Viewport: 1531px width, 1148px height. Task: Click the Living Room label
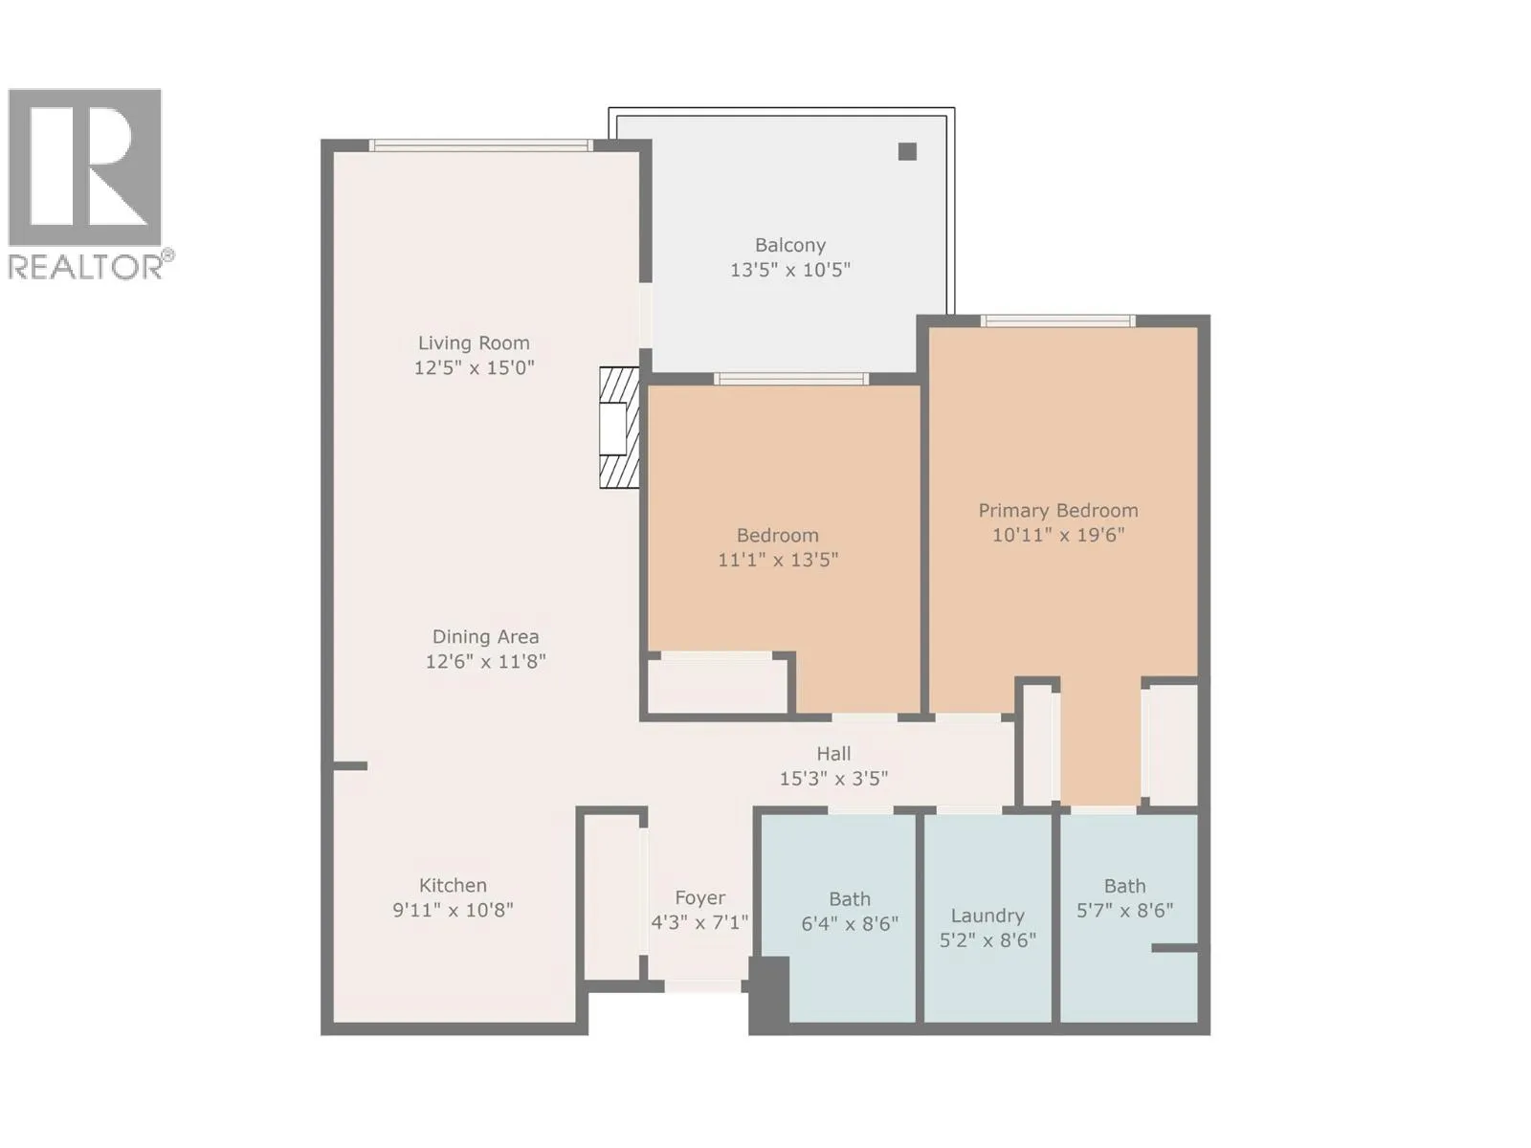tap(474, 342)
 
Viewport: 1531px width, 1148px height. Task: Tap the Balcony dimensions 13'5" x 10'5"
tap(790, 270)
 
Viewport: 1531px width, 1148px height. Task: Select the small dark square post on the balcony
tap(907, 151)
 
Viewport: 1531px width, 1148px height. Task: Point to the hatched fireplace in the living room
tap(619, 428)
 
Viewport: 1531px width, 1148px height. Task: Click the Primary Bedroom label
tap(1058, 511)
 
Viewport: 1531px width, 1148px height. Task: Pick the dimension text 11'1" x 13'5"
tap(778, 560)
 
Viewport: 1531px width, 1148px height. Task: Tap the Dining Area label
tap(485, 636)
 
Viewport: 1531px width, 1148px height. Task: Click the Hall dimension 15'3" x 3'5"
tap(833, 779)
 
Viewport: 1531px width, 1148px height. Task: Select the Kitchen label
tap(453, 885)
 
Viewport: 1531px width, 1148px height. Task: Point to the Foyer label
tap(699, 897)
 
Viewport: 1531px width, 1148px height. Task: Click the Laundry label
tap(987, 916)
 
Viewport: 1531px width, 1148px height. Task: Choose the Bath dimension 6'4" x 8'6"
tap(850, 923)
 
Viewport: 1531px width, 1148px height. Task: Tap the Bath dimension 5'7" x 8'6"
tap(1124, 911)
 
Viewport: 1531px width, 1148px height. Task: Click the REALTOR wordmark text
tap(85, 267)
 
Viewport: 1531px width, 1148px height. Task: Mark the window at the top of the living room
tap(480, 145)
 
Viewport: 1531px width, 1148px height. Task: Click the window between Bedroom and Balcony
tap(791, 379)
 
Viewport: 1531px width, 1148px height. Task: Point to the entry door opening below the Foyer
tap(702, 986)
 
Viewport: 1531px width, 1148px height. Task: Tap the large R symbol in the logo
tap(85, 166)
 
